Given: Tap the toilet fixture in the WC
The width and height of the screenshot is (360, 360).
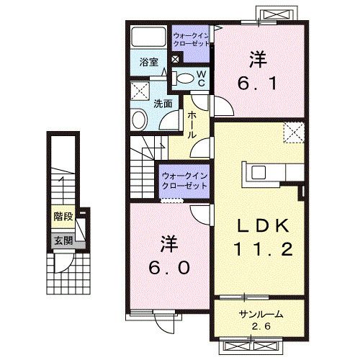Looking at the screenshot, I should pyautogui.click(x=184, y=78).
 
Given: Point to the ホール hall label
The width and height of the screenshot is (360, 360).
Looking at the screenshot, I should pyautogui.click(x=193, y=125).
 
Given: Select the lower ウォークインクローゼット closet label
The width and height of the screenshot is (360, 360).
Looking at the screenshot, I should pyautogui.click(x=184, y=179).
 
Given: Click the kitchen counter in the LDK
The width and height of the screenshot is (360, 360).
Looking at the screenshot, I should pyautogui.click(x=274, y=173).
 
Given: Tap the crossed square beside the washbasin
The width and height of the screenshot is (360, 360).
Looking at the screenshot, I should pyautogui.click(x=138, y=91).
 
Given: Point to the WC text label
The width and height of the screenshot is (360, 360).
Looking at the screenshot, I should pyautogui.click(x=202, y=78).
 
